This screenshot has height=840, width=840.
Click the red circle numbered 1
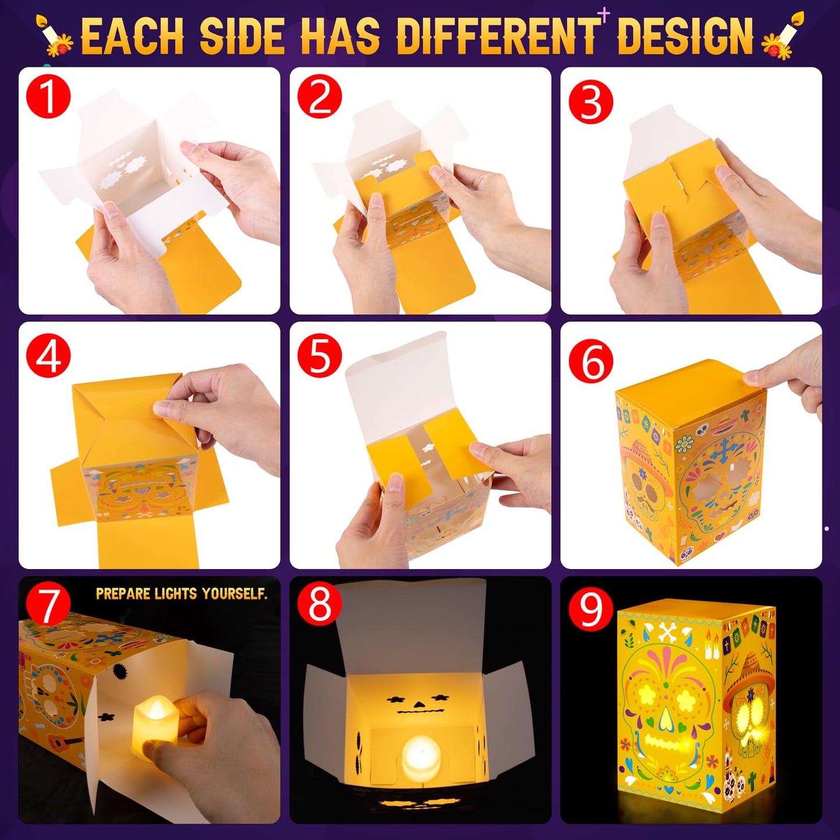(x=48, y=98)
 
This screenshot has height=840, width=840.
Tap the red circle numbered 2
(x=320, y=98)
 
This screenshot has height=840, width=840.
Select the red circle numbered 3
(x=591, y=103)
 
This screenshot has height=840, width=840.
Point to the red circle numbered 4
(x=48, y=356)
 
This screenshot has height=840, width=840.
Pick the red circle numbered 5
(x=320, y=356)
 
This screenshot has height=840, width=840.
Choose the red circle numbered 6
(x=591, y=361)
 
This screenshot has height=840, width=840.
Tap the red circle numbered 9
(x=591, y=609)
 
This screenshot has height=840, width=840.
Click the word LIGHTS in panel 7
(x=178, y=594)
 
